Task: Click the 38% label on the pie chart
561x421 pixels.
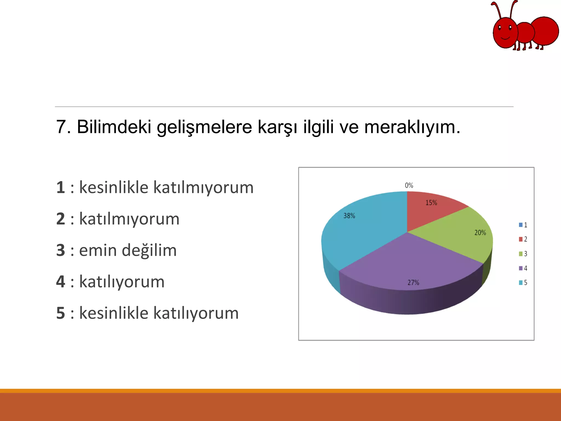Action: coord(349,216)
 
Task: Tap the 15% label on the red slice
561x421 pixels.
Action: coord(431,203)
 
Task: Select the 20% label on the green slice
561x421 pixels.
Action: coord(480,233)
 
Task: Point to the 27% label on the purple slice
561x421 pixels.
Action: coord(413,283)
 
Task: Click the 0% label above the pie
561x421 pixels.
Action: coord(409,186)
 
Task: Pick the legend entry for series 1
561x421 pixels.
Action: coord(523,225)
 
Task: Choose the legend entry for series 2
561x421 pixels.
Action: coord(523,239)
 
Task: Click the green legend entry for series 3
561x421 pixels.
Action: coord(523,254)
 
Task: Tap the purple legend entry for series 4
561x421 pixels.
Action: coord(523,268)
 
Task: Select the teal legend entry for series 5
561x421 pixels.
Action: coord(523,283)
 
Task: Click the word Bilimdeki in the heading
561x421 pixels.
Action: coord(114,127)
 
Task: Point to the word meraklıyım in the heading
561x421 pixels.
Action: coord(412,127)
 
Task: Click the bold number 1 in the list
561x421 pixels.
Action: coord(61,188)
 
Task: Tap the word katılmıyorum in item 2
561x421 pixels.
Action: coord(129,219)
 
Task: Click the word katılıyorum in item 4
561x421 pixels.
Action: coord(122,282)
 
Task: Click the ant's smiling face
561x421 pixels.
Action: coord(505,33)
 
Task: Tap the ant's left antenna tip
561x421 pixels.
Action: coord(493,4)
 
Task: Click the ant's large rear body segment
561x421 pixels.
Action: coord(545,31)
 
